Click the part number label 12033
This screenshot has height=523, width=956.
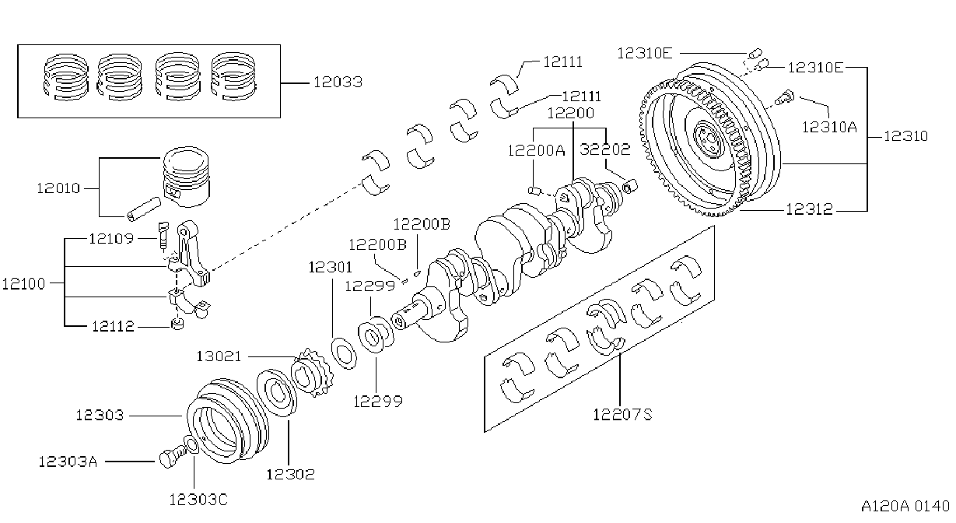(338, 82)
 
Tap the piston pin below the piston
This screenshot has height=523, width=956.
(143, 209)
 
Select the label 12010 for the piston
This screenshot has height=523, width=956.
(58, 188)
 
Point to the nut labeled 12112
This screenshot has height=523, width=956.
(177, 324)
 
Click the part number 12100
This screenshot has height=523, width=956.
(23, 284)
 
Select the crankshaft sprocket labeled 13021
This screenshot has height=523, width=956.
(312, 372)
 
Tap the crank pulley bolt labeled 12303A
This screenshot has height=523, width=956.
(172, 458)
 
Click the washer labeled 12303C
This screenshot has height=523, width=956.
(191, 445)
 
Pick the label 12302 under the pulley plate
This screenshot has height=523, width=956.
(291, 474)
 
